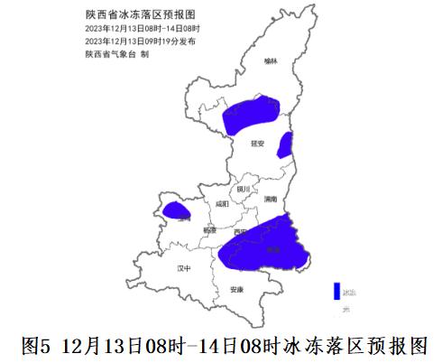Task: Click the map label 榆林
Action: (x=271, y=61)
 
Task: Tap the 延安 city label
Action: (x=258, y=142)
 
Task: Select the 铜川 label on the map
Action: (x=242, y=190)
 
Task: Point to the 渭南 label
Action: (x=272, y=199)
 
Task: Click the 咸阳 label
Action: (x=222, y=204)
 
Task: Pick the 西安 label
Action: (x=239, y=232)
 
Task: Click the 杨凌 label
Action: (x=209, y=230)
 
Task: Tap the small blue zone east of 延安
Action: (x=285, y=144)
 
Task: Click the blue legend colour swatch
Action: (x=336, y=291)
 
